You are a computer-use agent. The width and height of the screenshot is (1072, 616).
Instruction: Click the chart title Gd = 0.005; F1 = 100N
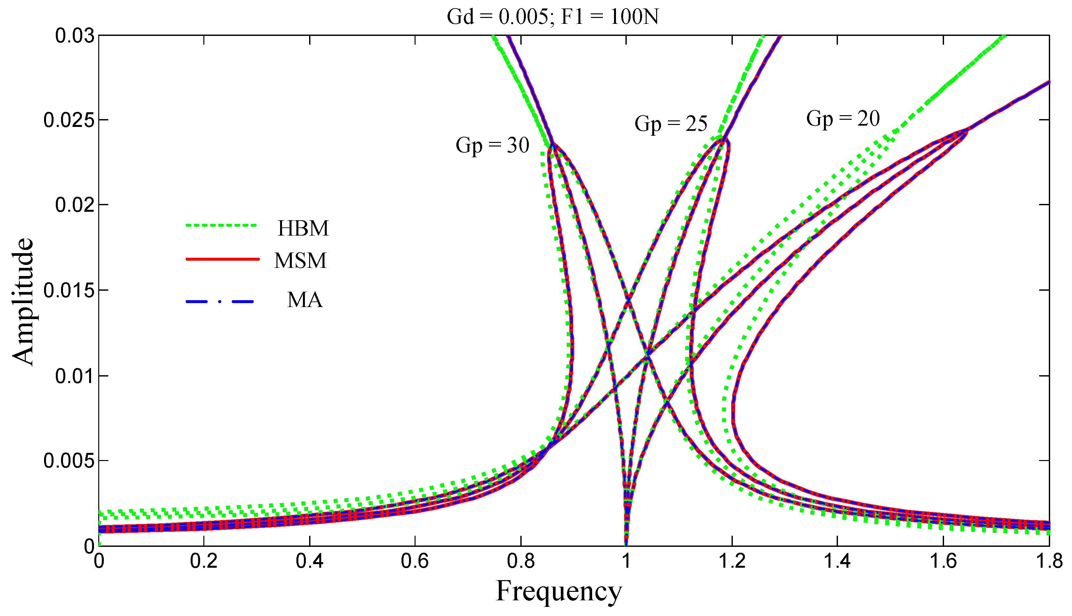552,17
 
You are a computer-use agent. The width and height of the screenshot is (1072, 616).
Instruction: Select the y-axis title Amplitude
22,302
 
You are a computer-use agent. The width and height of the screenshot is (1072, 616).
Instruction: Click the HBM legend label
303,228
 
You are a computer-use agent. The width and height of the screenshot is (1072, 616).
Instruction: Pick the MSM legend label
301,261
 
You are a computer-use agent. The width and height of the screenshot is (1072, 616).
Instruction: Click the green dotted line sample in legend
221,225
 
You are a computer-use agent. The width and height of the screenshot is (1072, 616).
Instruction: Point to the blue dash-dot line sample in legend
221,302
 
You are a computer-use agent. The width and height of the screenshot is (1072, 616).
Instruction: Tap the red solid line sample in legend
222,259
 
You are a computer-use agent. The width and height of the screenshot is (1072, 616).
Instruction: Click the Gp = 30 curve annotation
492,146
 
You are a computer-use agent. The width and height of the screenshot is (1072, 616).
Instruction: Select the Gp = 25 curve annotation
671,124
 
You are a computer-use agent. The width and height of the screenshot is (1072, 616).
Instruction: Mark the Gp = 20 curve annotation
843,118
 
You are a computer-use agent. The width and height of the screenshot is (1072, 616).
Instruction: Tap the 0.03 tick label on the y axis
74,36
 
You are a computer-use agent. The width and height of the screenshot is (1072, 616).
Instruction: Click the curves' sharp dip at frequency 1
626,537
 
